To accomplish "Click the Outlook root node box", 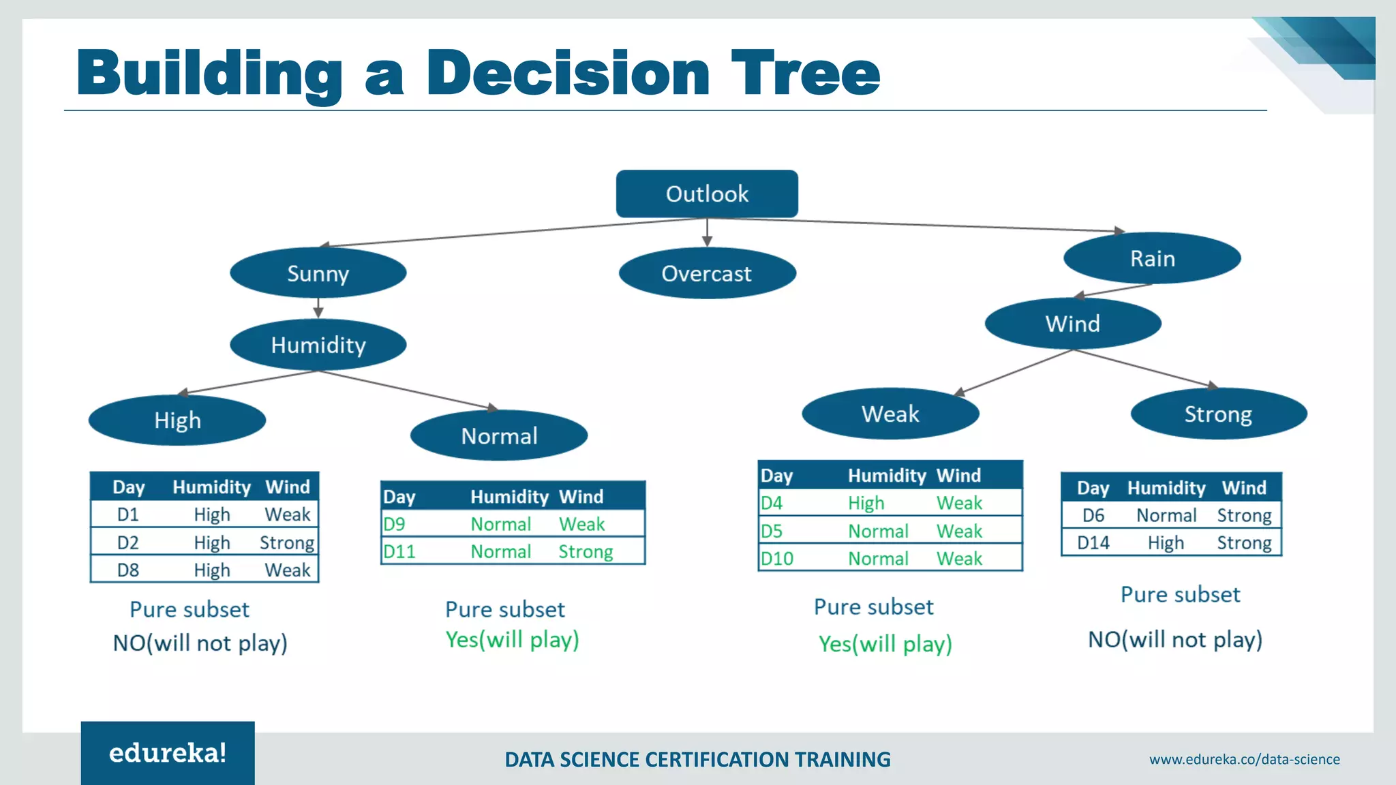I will tap(707, 194).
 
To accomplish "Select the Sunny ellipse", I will tap(318, 273).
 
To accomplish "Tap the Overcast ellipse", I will tap(707, 273).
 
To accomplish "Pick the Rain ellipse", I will tap(1152, 258).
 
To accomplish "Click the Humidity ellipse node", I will tap(318, 345).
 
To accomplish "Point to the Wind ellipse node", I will tap(1073, 324).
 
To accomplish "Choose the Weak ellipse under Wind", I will tap(890, 414).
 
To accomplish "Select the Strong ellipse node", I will tap(1218, 414).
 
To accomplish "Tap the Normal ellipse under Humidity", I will tap(499, 435).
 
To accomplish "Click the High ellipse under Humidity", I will tap(177, 420).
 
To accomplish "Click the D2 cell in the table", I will tap(128, 543).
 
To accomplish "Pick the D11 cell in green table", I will tap(399, 551).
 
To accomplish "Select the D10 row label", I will tap(777, 559).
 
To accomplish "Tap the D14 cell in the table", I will tap(1093, 543).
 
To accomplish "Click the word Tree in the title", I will tap(806, 74).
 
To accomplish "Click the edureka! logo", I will tap(168, 753).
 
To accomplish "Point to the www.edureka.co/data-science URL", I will tap(1244, 759).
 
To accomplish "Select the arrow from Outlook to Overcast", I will tap(707, 233).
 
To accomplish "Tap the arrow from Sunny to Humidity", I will tap(318, 308).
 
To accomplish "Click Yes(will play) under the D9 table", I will tap(512, 640).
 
